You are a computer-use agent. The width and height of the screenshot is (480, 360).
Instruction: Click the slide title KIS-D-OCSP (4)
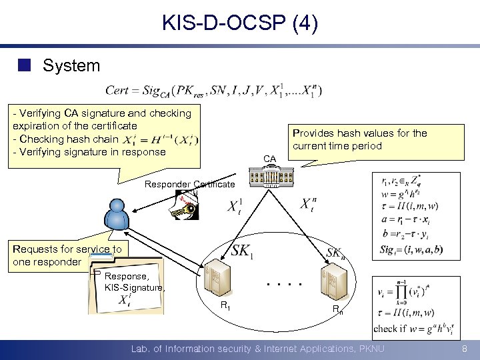pyautogui.click(x=240, y=24)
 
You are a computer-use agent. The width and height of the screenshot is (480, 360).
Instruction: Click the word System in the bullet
pyautogui.click(x=71, y=65)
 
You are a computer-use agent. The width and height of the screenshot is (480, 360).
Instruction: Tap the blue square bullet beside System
pyautogui.click(x=25, y=65)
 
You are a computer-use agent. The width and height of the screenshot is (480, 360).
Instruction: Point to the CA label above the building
pyautogui.click(x=269, y=159)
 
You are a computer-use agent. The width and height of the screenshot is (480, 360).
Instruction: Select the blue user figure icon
pyautogui.click(x=116, y=215)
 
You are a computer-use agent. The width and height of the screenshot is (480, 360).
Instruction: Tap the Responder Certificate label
pyautogui.click(x=190, y=184)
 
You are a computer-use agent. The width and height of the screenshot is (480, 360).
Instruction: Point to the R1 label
pyautogui.click(x=226, y=306)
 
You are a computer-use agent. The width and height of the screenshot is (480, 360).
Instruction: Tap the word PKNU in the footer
pyautogui.click(x=369, y=349)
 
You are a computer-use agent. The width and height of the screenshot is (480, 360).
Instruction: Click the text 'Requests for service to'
pyautogui.click(x=67, y=249)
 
